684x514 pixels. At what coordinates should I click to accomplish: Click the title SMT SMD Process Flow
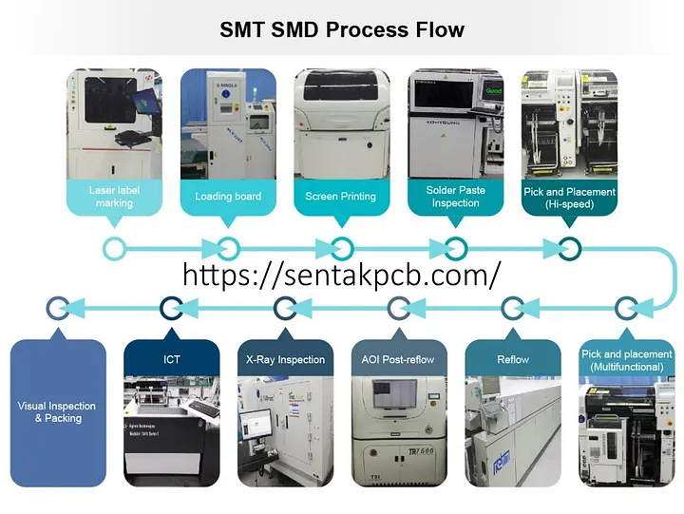[342, 29]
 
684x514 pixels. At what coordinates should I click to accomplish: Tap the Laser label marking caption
[114, 197]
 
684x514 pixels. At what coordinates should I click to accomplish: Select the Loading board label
[228, 197]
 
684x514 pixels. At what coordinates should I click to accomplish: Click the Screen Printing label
[341, 197]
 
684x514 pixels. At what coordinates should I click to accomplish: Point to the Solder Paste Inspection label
[456, 197]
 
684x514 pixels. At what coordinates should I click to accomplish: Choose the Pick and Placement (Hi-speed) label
[569, 197]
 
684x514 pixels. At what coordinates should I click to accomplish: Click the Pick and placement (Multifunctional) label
[626, 360]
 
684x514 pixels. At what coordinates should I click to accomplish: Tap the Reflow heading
[513, 360]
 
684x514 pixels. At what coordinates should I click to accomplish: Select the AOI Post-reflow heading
[399, 360]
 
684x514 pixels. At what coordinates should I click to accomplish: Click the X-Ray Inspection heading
[285, 360]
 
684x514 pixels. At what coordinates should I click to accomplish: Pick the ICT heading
[171, 360]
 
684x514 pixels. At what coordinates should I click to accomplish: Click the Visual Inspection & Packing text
[57, 411]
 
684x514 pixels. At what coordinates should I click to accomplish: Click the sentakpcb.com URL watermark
[341, 276]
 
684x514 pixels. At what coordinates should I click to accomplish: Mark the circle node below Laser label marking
[114, 249]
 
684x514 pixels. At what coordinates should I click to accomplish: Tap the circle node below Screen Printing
[341, 249]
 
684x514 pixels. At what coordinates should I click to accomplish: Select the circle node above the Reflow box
[513, 307]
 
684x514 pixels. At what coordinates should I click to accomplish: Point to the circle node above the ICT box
[171, 307]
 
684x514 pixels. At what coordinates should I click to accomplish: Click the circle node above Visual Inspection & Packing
[57, 307]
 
